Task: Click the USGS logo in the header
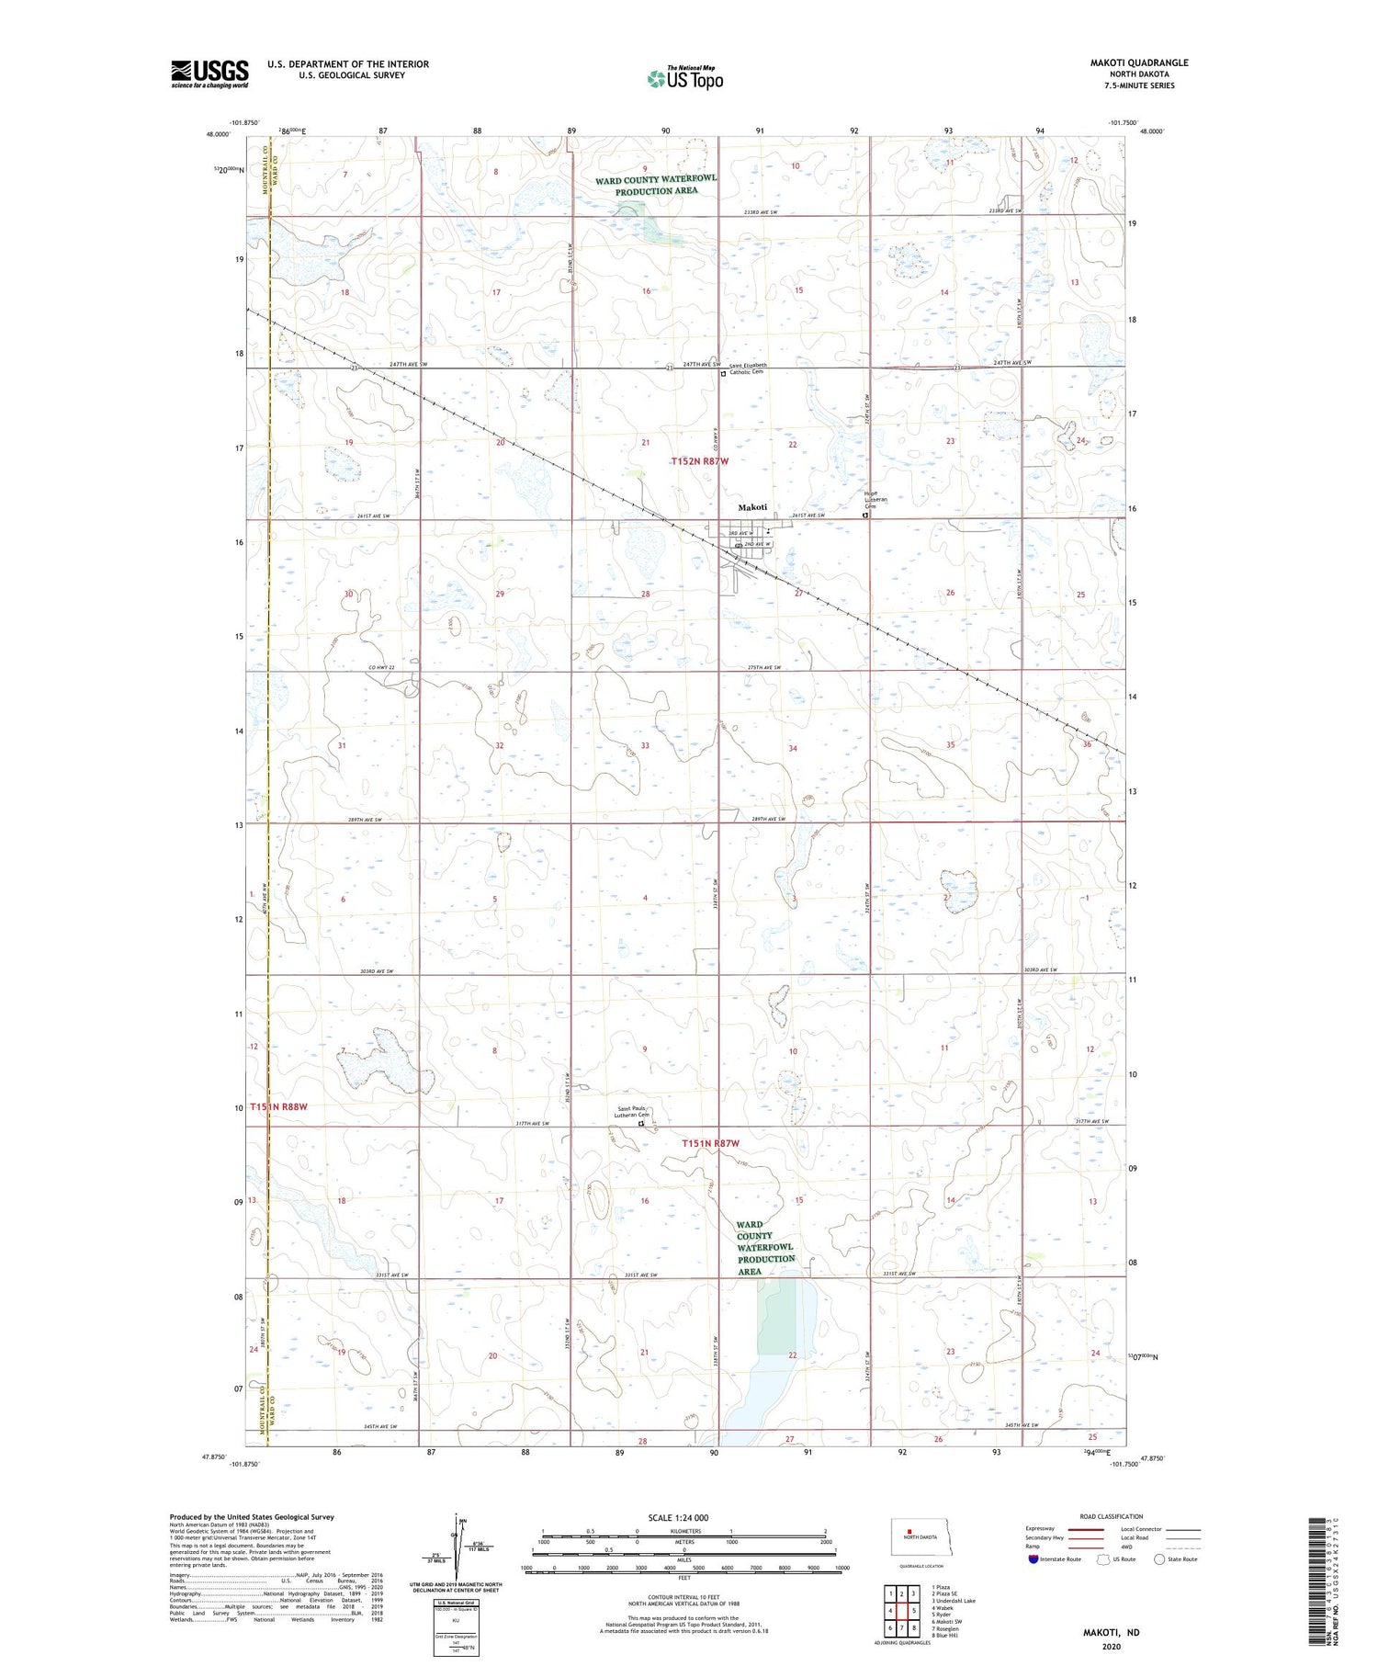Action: pos(209,74)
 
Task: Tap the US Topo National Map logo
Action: pos(684,78)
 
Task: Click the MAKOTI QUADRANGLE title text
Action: pos(1138,62)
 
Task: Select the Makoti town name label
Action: pos(752,508)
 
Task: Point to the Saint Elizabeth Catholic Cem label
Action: pos(748,368)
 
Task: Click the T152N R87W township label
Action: pos(699,460)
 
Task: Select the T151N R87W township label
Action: pos(711,1143)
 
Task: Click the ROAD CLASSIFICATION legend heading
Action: pos(1112,1516)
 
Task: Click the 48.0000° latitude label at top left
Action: pos(219,134)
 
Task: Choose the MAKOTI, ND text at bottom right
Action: pos(1110,1632)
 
